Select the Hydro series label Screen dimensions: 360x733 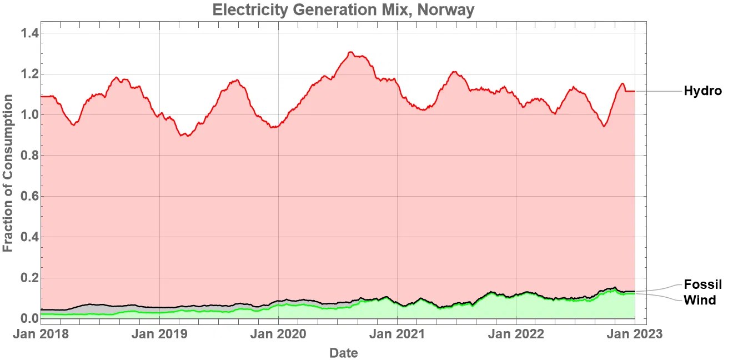click(x=702, y=91)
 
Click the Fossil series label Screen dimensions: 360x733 click(x=702, y=284)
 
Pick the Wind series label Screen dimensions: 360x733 click(x=699, y=300)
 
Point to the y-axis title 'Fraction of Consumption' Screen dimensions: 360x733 click(x=8, y=173)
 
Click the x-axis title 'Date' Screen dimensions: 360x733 click(x=343, y=353)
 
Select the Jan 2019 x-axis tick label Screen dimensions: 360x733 click(x=160, y=334)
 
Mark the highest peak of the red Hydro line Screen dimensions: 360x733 click(x=350, y=52)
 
